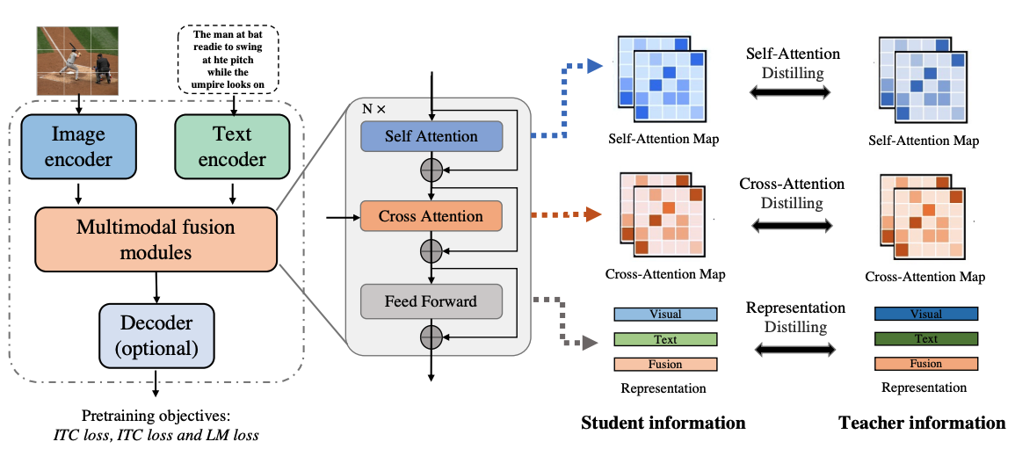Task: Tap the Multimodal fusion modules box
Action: click(x=156, y=239)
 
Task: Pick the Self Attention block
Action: click(x=431, y=136)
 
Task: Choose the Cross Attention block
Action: click(x=431, y=217)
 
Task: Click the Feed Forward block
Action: click(x=431, y=301)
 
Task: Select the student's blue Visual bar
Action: click(x=665, y=315)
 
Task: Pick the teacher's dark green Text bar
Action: click(x=925, y=339)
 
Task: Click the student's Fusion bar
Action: click(x=665, y=364)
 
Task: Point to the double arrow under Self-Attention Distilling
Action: click(x=789, y=94)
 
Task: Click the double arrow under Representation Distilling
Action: click(x=795, y=350)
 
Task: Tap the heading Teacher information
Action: click(x=923, y=424)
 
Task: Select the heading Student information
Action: click(x=663, y=424)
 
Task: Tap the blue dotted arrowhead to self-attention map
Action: click(x=594, y=65)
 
